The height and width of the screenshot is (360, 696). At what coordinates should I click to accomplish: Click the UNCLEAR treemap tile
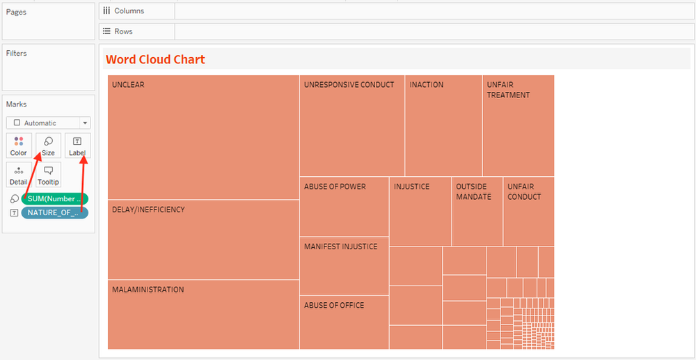[203, 137]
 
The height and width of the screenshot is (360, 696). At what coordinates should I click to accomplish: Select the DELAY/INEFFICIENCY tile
[203, 240]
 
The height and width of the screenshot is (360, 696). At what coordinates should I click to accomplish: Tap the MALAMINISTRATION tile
[203, 314]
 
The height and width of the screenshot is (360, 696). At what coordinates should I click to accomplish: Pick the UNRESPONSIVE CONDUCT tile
[352, 126]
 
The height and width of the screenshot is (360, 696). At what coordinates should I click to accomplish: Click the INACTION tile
[443, 126]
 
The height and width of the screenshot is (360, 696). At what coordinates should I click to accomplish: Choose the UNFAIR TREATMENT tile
[519, 126]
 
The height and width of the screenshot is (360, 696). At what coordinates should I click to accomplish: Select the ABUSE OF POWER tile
[345, 207]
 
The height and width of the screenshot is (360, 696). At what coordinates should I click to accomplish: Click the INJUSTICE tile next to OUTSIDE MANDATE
[420, 212]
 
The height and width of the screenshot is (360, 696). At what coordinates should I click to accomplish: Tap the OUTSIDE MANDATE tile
[477, 212]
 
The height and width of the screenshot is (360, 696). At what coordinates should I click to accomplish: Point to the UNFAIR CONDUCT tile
[529, 212]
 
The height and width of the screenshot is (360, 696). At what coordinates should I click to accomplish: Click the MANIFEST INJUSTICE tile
[345, 266]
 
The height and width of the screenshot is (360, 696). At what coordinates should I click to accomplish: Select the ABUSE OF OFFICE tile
[345, 322]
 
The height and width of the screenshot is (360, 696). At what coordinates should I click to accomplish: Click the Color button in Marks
[19, 146]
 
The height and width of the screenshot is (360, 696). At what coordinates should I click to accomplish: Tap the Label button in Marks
[77, 146]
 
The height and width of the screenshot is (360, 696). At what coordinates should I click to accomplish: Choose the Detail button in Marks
[19, 175]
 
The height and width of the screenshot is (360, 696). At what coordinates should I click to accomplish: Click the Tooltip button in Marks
[48, 175]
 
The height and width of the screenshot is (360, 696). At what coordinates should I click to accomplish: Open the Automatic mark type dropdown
[48, 123]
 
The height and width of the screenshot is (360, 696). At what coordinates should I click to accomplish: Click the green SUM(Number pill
[54, 199]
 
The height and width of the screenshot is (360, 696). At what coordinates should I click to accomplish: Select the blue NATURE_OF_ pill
[54, 212]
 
